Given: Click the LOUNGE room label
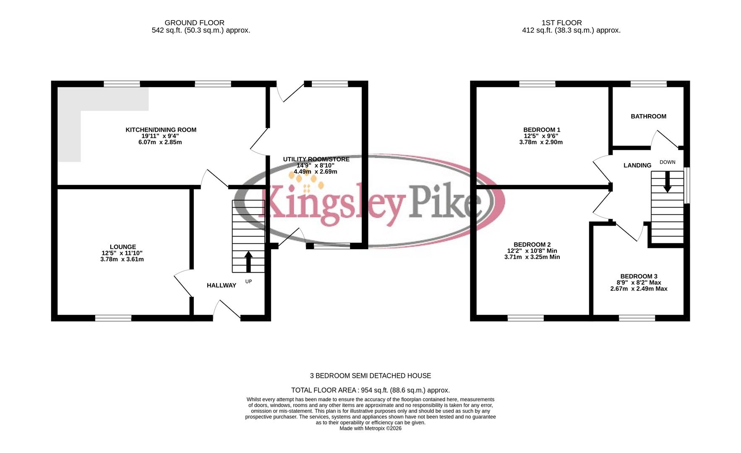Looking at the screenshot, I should [x=123, y=247].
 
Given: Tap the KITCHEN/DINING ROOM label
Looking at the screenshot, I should [x=161, y=130].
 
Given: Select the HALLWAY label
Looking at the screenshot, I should [x=221, y=285].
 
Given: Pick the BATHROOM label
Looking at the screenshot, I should [x=648, y=116].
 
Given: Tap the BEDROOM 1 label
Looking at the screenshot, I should [x=541, y=130].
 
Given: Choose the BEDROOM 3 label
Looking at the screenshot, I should [x=639, y=276].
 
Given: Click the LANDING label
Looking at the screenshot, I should [x=637, y=165].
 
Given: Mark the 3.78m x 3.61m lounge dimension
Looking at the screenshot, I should [x=122, y=259].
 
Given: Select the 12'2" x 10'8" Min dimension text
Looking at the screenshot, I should [x=532, y=251].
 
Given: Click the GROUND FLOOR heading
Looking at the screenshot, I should [x=194, y=23].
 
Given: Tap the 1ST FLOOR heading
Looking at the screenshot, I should [x=561, y=23].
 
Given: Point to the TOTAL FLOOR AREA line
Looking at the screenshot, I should [x=370, y=390].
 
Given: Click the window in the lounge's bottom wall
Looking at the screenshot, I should [x=113, y=318].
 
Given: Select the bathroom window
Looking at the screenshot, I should [x=648, y=84].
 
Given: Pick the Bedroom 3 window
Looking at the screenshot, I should [x=637, y=318].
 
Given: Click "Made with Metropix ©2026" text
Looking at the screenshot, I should [x=370, y=428].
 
